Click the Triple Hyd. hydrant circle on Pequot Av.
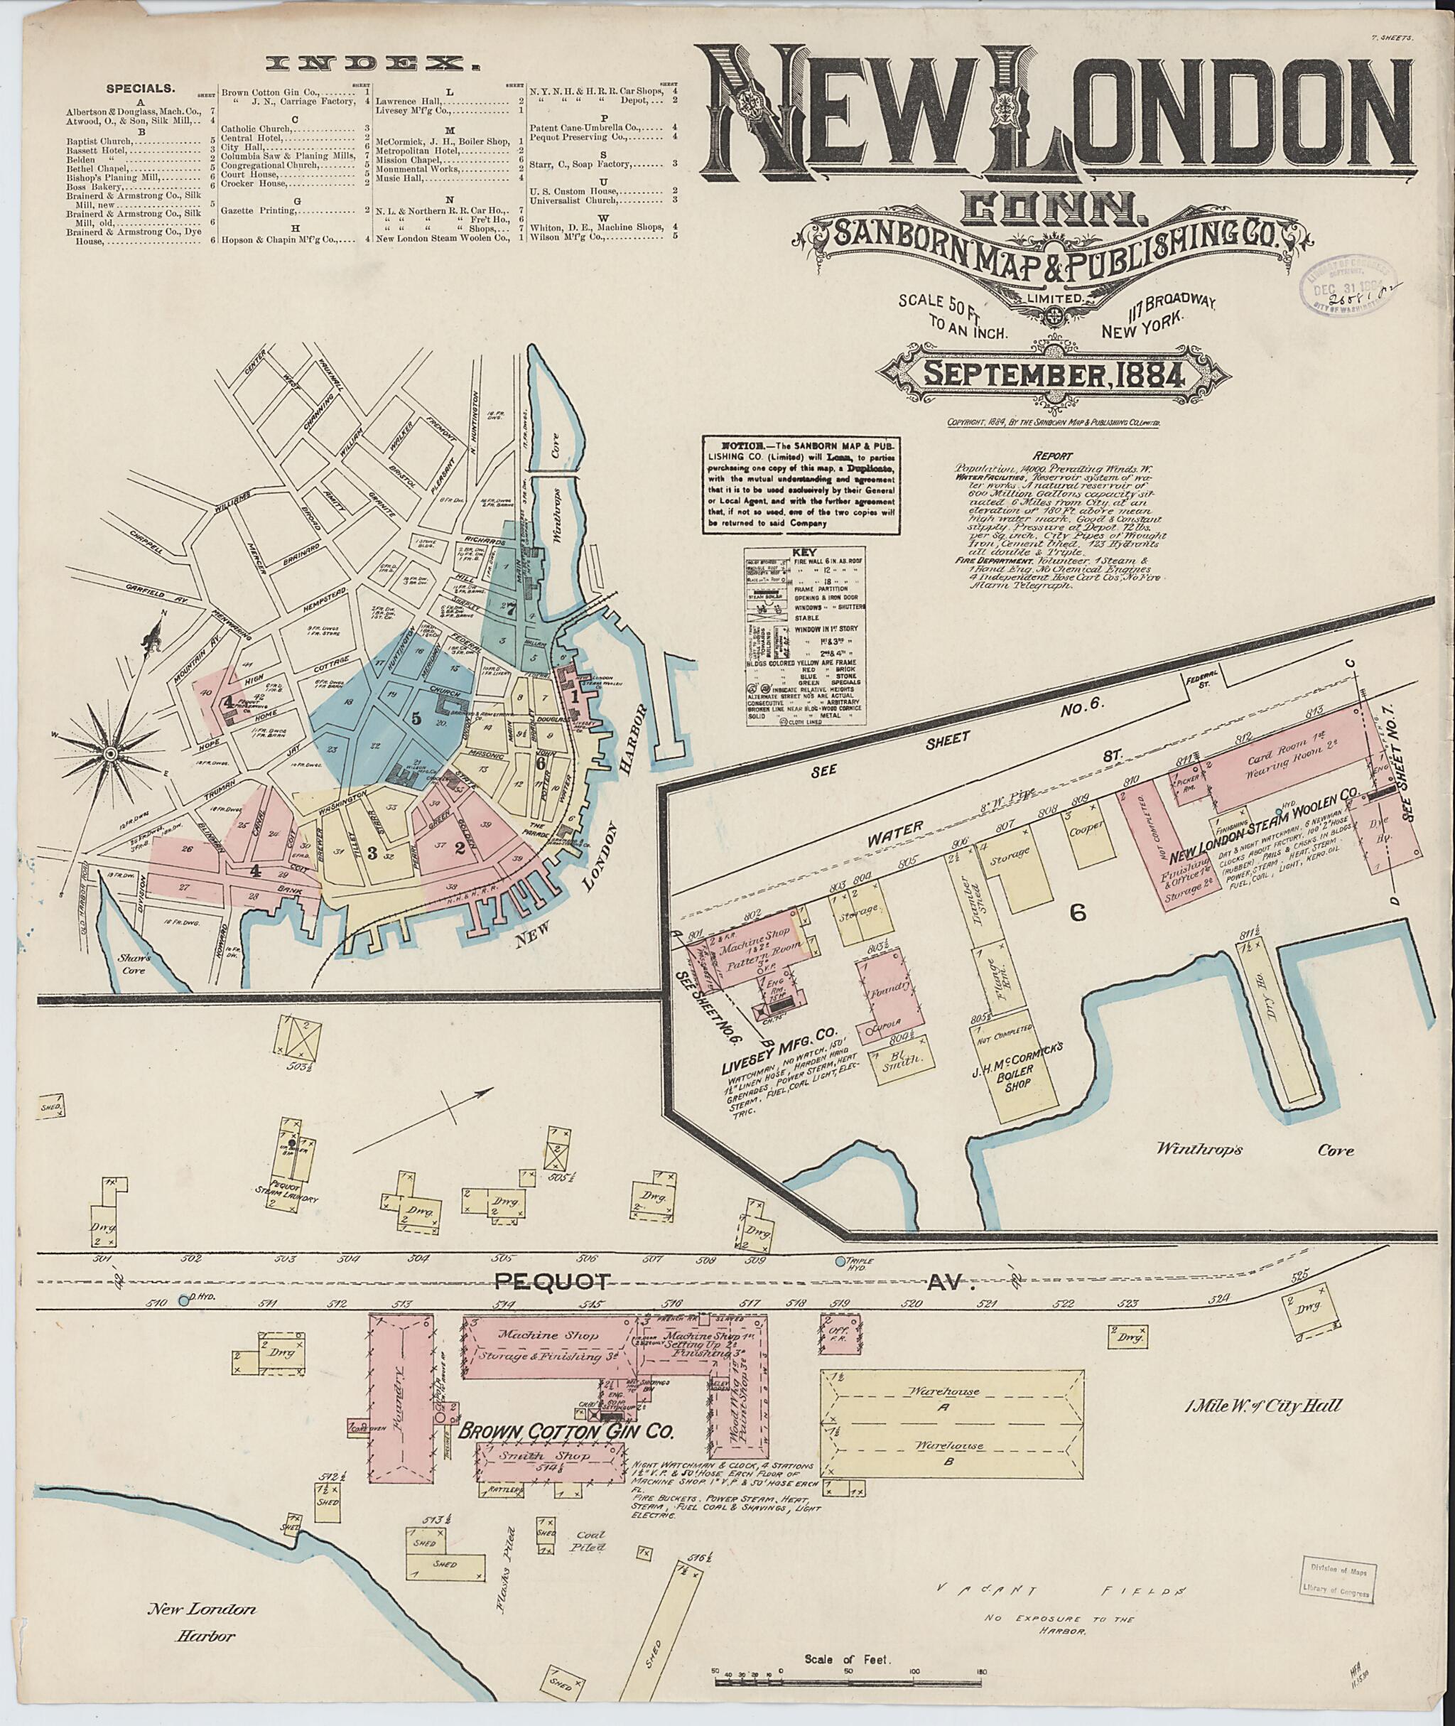click(840, 1261)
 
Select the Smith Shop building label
click(544, 1479)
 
